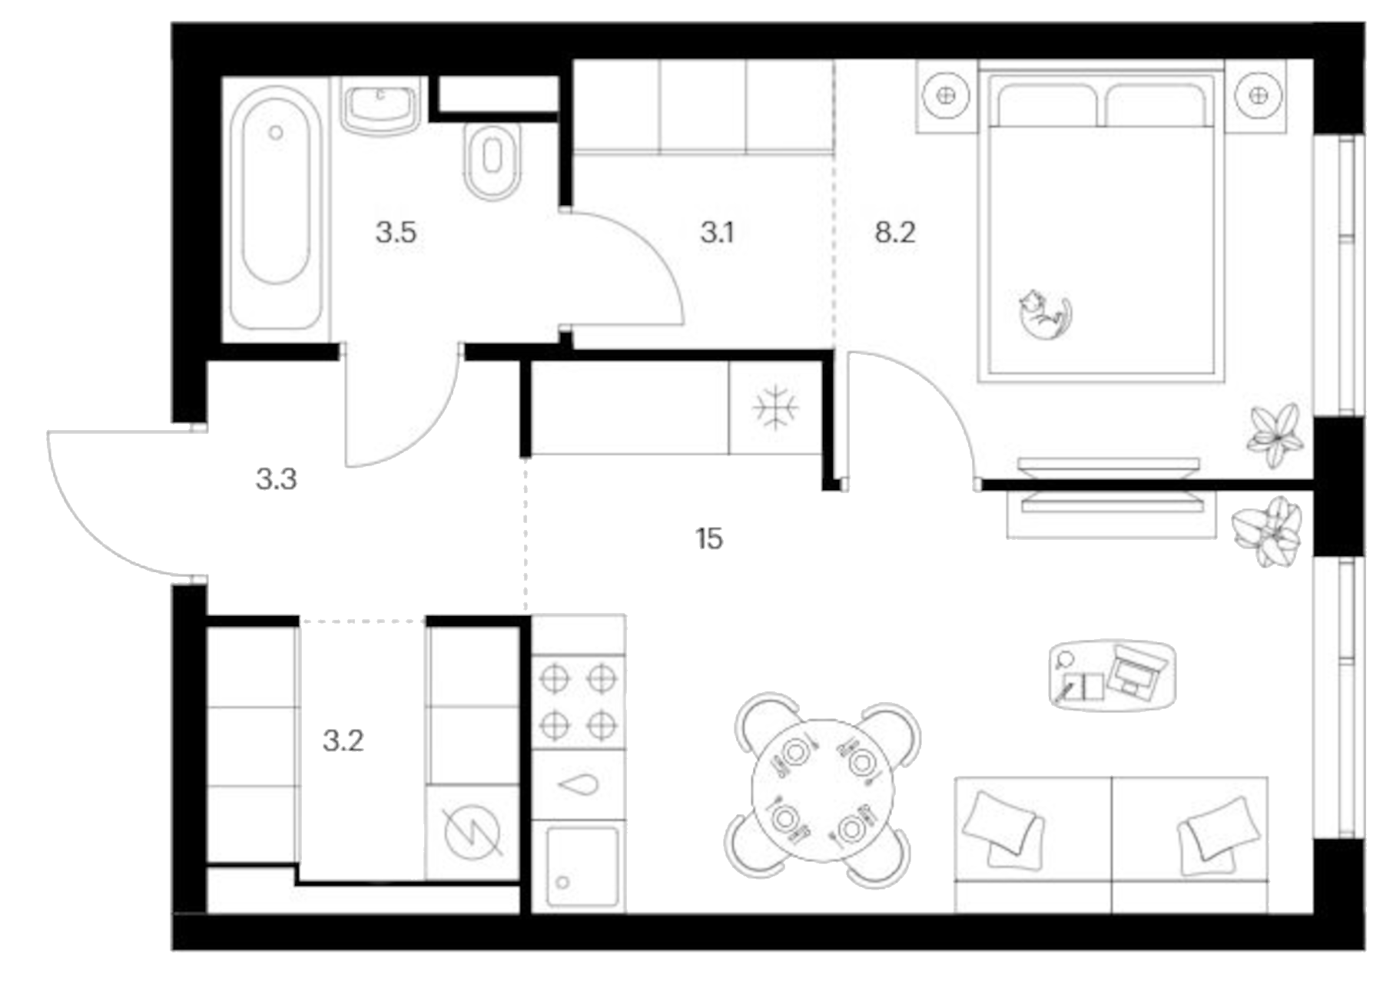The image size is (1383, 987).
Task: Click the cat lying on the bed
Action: pyautogui.click(x=1045, y=313)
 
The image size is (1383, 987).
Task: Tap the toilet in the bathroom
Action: pyautogui.click(x=493, y=161)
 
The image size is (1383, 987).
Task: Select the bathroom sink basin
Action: pyautogui.click(x=380, y=110)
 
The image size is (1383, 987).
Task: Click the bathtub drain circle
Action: pyautogui.click(x=276, y=133)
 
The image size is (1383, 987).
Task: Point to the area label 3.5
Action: pyautogui.click(x=396, y=232)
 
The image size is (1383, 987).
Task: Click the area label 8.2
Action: pyautogui.click(x=895, y=232)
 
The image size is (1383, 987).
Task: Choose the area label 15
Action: pyautogui.click(x=709, y=538)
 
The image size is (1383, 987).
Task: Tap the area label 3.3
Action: pyautogui.click(x=276, y=479)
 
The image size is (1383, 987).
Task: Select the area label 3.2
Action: pyautogui.click(x=343, y=740)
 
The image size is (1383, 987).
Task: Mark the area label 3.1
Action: pyautogui.click(x=717, y=232)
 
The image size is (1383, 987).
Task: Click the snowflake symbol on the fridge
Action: pyautogui.click(x=775, y=408)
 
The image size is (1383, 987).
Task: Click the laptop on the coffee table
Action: pyautogui.click(x=1136, y=670)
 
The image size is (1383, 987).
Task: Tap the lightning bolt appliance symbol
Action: pyautogui.click(x=472, y=831)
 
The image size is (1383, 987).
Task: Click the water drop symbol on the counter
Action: pyautogui.click(x=578, y=785)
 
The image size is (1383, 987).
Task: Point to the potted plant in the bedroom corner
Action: pyautogui.click(x=1275, y=436)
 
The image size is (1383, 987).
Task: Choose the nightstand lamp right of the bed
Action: pyautogui.click(x=1259, y=95)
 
